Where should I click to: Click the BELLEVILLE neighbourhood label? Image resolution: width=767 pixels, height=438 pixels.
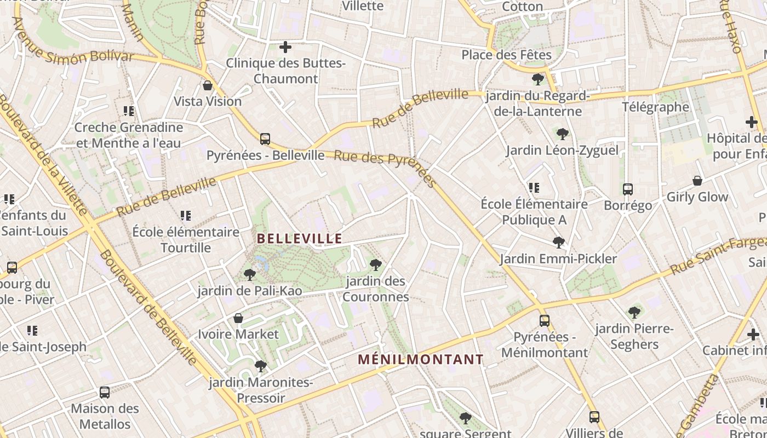[299, 239]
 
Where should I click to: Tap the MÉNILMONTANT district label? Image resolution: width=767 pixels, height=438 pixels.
[421, 360]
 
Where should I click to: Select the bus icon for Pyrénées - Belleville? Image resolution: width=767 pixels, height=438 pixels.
[265, 139]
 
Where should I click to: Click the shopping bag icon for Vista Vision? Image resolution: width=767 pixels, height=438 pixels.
[208, 85]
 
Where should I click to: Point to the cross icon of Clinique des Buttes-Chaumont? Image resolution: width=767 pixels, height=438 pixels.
[285, 47]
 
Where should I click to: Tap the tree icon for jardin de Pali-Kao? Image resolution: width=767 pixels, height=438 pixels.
[250, 274]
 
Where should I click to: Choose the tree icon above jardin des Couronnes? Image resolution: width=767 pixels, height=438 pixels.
[376, 265]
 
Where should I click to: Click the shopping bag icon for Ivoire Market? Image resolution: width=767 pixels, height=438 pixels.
[238, 318]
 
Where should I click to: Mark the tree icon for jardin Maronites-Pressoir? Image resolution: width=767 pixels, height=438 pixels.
[261, 366]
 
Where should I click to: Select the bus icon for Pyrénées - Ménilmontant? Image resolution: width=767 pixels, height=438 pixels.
[544, 321]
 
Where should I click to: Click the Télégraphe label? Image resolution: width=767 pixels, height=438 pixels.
[655, 107]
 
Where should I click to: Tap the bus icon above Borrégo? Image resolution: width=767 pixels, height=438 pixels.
[628, 189]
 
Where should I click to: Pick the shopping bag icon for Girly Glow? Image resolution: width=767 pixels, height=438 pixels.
[697, 181]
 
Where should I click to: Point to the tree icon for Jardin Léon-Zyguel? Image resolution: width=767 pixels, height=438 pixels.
[562, 134]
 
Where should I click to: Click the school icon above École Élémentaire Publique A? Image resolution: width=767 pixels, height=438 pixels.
[534, 188]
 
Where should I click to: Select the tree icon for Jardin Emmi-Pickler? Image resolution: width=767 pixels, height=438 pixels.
[558, 242]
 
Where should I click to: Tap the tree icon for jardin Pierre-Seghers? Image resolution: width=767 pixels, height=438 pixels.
[634, 313]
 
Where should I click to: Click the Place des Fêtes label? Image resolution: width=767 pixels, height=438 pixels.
[506, 55]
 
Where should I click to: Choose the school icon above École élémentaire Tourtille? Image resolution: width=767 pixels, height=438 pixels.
[186, 216]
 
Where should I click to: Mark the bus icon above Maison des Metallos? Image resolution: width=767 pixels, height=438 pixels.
[105, 393]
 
